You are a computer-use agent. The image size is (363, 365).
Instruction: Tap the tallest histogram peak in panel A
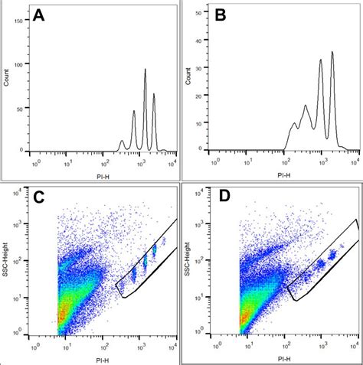pyautogui.click(x=145, y=70)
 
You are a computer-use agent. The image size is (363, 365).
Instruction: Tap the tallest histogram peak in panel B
pyautogui.click(x=332, y=53)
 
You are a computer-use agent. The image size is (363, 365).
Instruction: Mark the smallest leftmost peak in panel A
pyautogui.click(x=121, y=142)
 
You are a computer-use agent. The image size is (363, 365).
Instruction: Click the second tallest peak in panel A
pyautogui.click(x=154, y=94)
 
